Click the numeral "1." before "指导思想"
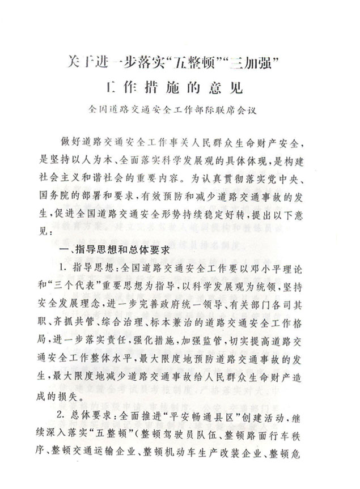coord(63,267)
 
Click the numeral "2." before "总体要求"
coord(63,420)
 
